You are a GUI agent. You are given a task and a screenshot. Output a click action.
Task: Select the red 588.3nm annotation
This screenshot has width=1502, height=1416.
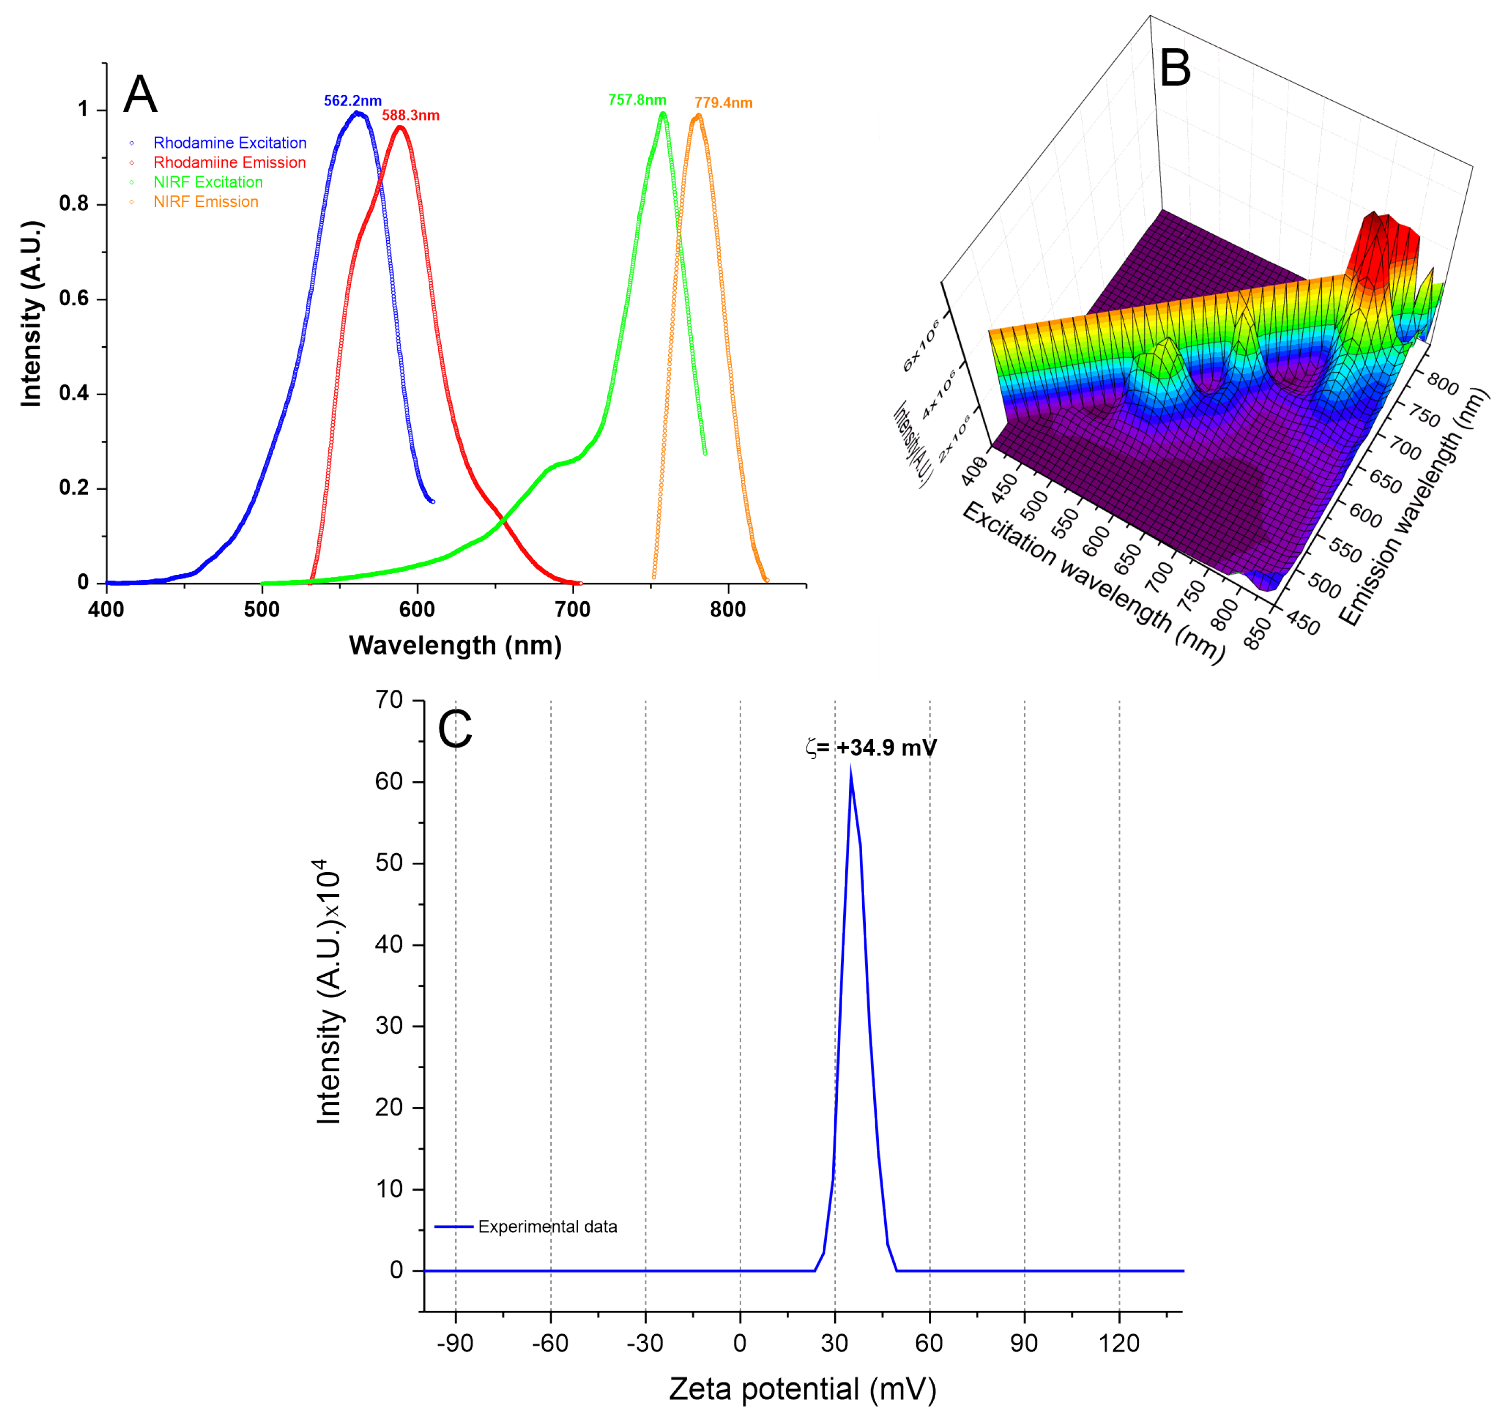[x=410, y=116]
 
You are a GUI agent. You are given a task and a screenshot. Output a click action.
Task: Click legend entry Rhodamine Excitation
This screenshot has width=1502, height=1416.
[x=230, y=143]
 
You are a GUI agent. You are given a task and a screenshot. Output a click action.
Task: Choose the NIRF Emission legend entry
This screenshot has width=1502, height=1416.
[x=205, y=202]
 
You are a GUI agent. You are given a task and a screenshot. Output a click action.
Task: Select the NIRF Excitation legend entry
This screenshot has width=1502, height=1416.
[x=208, y=182]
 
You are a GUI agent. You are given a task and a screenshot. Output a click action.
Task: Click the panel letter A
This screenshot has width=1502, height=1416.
[x=140, y=96]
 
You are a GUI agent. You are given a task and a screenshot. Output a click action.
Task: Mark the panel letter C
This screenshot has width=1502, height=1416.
[x=455, y=730]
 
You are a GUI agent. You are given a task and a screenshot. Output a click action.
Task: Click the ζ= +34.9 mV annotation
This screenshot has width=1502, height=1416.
[x=871, y=748]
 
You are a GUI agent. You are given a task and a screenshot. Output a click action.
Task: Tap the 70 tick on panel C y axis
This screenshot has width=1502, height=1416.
[x=389, y=700]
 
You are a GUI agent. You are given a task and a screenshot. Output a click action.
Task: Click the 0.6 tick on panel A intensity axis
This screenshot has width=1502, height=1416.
[x=74, y=298]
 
